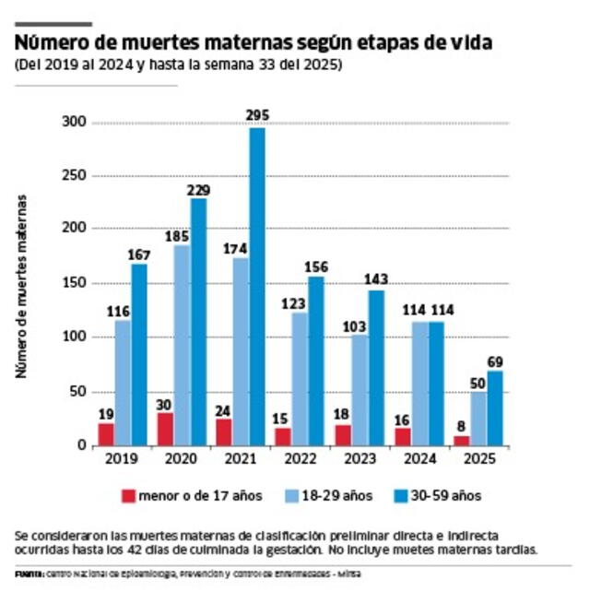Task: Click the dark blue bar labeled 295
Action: tap(256, 286)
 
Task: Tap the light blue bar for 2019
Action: tap(122, 383)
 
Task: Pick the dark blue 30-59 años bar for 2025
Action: tap(496, 408)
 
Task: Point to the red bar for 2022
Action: tap(281, 436)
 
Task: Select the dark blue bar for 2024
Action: tap(436, 383)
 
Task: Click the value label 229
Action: tap(197, 190)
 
